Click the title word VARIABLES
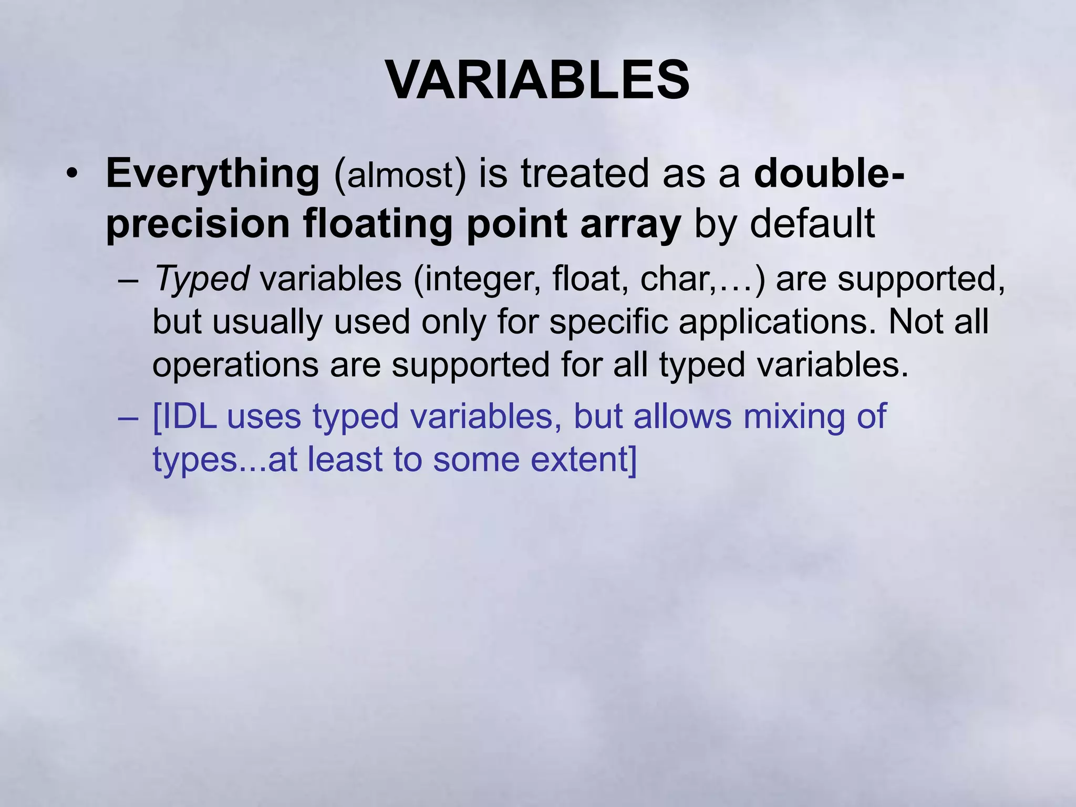537,80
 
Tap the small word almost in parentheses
400,175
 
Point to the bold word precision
198,224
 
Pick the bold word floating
378,224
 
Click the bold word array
630,224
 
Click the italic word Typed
201,279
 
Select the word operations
235,365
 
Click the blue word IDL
184,417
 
